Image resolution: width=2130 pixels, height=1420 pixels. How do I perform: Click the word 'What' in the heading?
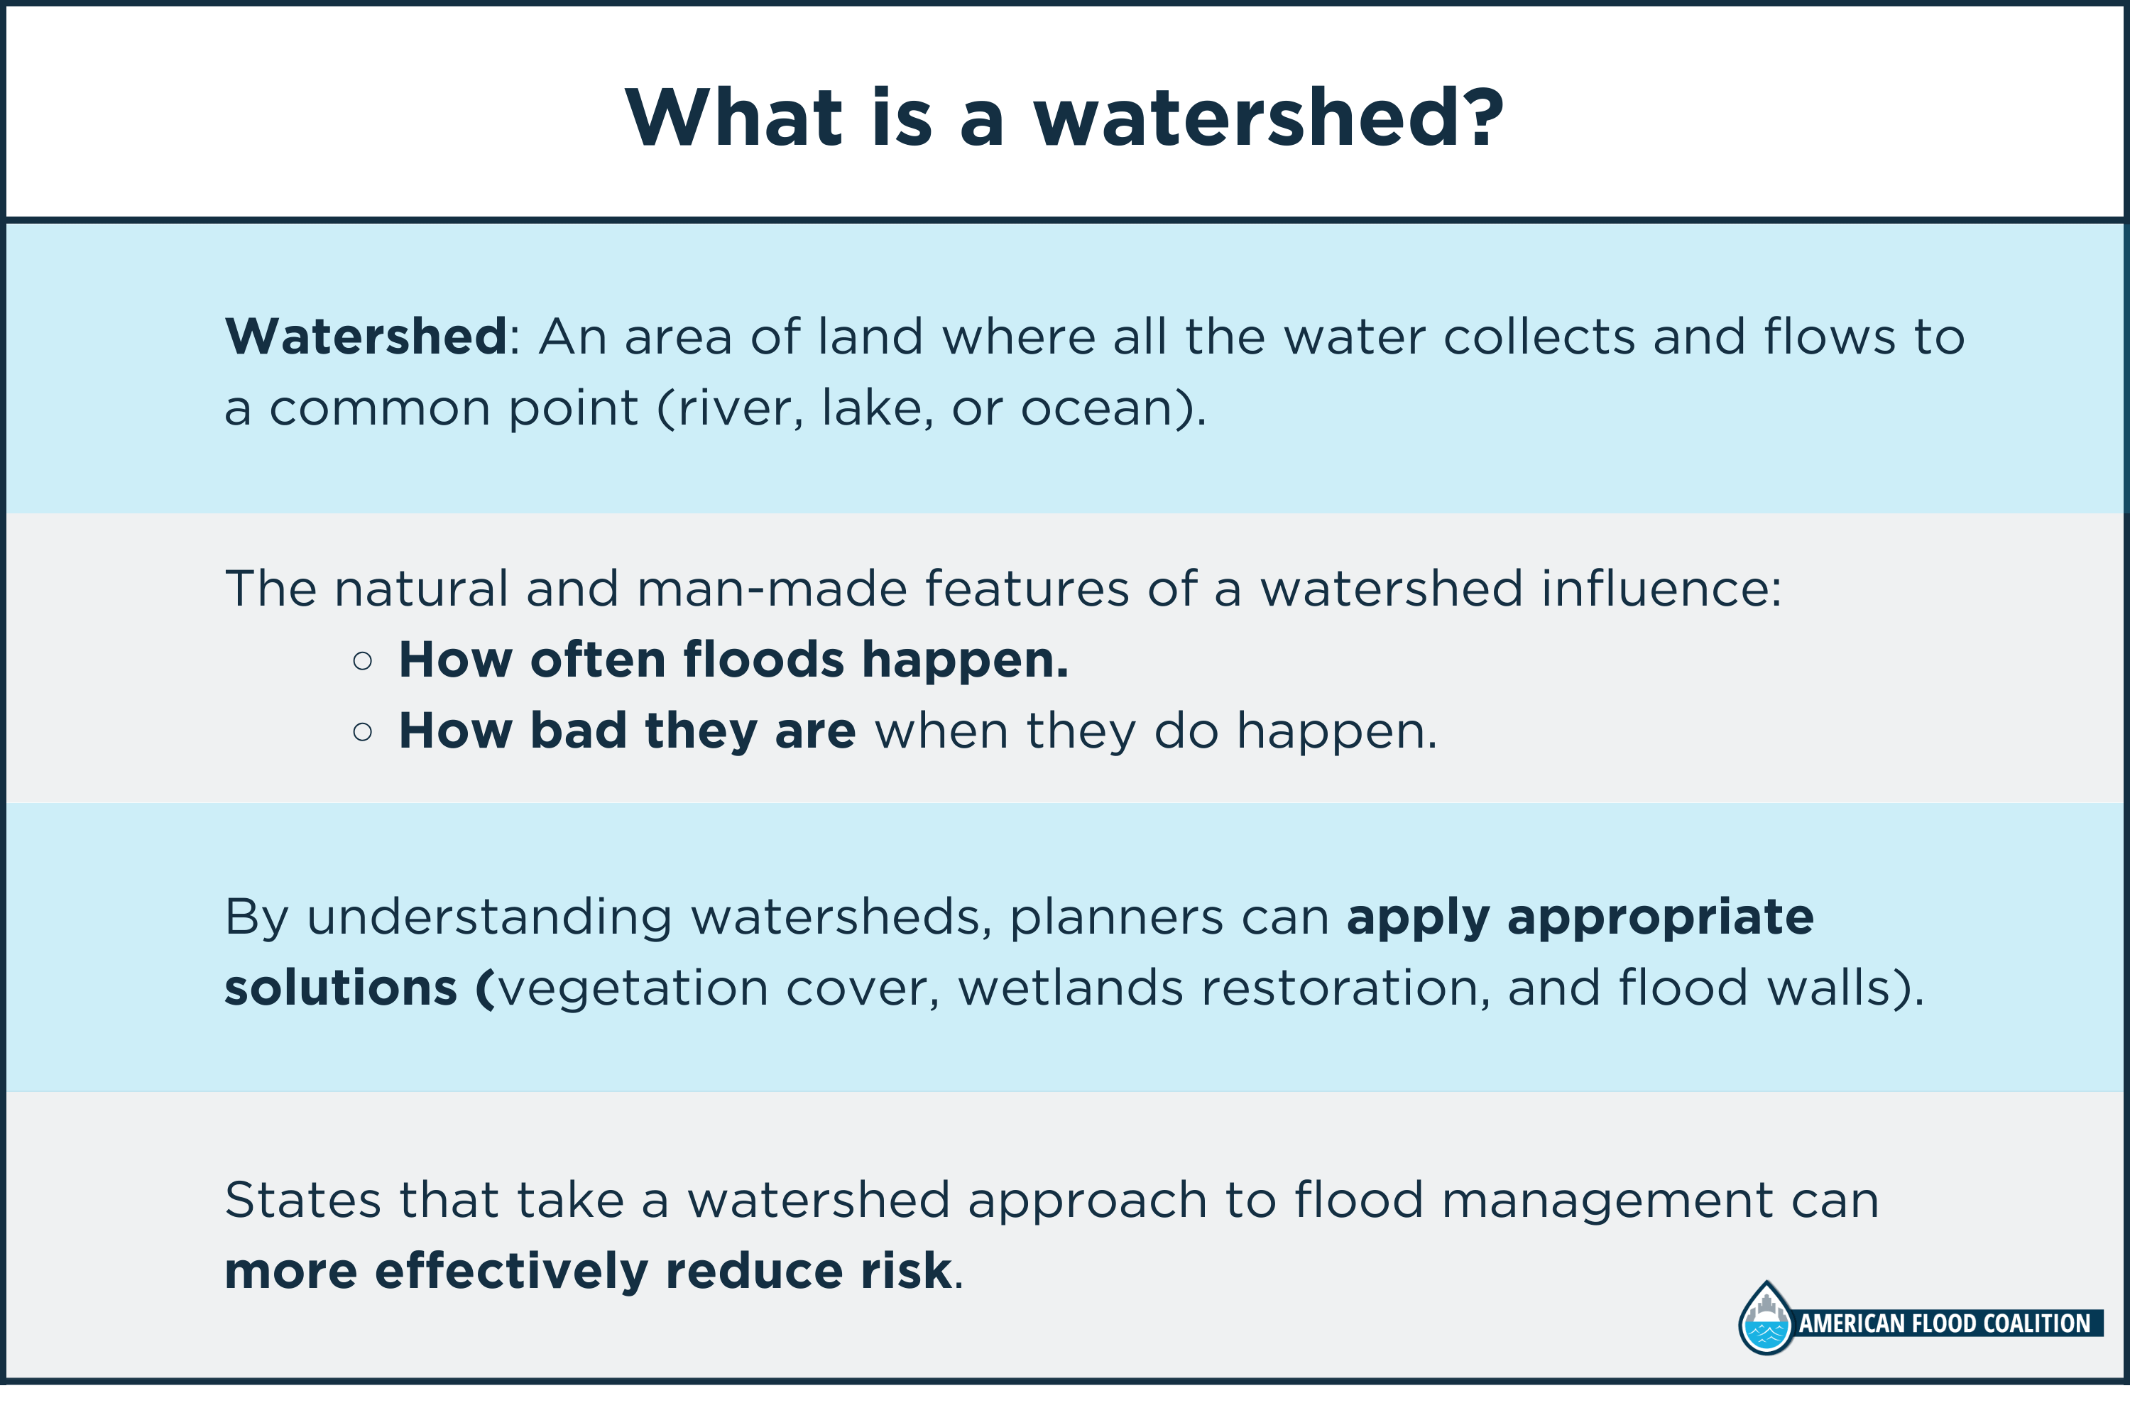[x=734, y=118]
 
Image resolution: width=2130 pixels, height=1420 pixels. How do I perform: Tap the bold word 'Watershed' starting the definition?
[x=366, y=337]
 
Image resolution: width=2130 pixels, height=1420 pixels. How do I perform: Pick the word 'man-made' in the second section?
[x=772, y=589]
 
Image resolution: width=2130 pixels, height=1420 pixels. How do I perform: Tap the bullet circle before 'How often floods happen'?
[x=362, y=661]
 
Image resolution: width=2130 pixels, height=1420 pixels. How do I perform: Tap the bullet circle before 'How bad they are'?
[x=362, y=732]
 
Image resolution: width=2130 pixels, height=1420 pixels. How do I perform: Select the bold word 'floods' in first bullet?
[x=763, y=660]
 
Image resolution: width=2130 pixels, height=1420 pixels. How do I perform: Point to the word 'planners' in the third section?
[x=1115, y=917]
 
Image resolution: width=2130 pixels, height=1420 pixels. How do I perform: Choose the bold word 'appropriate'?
[x=1660, y=917]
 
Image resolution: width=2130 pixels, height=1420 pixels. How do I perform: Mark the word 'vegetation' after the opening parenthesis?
[x=633, y=988]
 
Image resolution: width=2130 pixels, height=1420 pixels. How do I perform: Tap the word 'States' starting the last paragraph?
[x=303, y=1201]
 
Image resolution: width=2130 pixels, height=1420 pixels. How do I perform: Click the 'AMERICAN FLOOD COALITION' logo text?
[x=1945, y=1323]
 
